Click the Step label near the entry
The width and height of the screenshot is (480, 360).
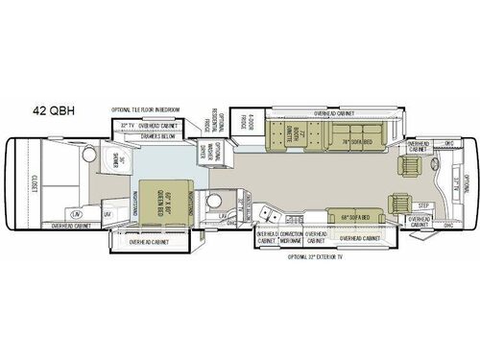[x=423, y=205]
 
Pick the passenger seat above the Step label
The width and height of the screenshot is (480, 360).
[x=397, y=204]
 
